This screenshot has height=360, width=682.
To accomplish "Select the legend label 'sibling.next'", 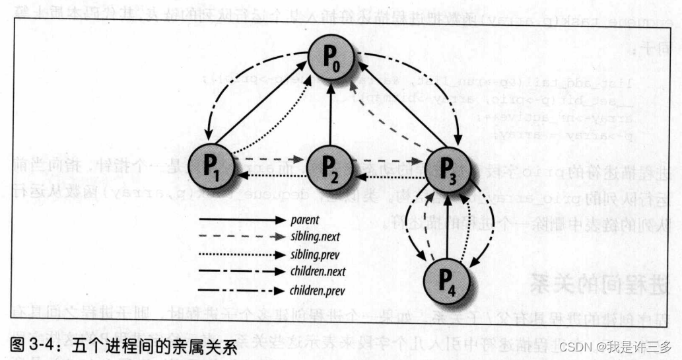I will [x=314, y=234].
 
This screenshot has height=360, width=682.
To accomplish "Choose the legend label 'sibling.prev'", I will [x=314, y=253].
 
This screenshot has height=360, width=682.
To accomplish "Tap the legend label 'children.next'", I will [x=318, y=271].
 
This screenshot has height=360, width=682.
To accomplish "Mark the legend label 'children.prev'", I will [x=318, y=289].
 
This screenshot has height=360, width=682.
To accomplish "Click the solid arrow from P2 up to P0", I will [x=331, y=112].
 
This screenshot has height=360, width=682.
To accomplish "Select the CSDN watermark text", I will [x=615, y=345].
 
